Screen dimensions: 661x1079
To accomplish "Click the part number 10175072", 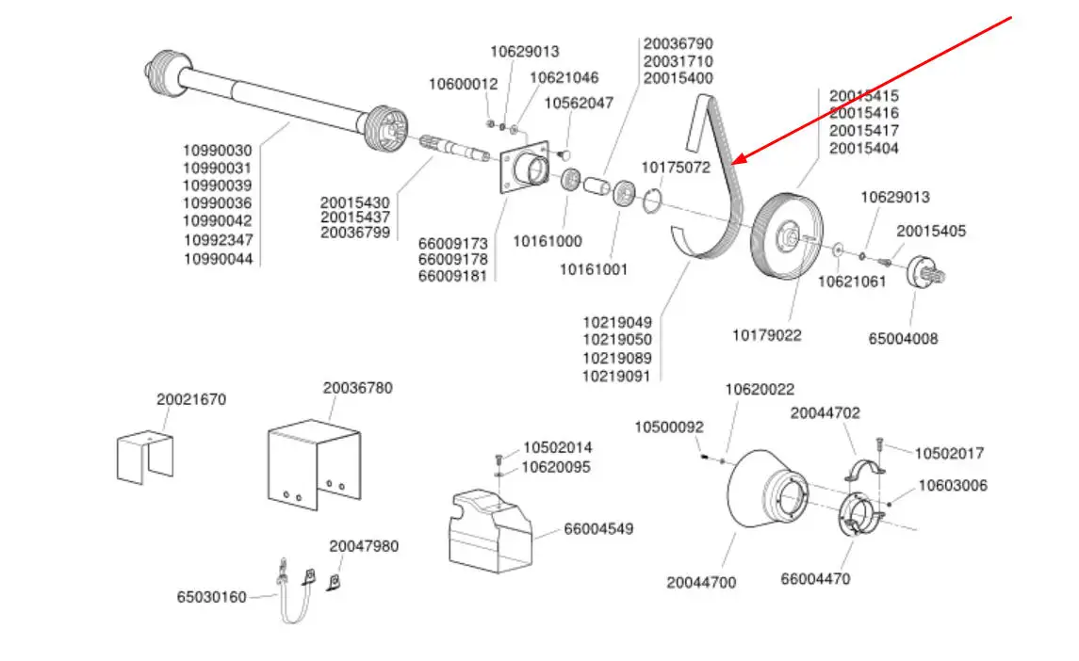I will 676,168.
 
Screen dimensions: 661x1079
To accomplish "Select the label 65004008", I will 903,339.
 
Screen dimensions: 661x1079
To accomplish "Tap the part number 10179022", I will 767,335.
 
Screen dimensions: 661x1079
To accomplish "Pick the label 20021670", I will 191,399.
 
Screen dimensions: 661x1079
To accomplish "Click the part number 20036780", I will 358,388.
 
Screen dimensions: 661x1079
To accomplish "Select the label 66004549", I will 598,529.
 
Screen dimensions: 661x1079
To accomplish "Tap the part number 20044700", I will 701,583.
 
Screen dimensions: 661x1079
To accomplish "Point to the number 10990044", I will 218,258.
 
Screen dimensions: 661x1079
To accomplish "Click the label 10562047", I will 579,103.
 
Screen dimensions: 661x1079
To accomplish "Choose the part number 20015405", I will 931,231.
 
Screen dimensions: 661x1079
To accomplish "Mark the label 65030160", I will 211,597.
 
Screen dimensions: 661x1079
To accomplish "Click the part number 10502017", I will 949,453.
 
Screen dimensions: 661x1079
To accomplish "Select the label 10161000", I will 547,241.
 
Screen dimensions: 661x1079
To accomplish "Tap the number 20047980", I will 364,546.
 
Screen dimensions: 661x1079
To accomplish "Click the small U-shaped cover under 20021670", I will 146,459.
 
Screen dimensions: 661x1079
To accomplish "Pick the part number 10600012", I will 463,84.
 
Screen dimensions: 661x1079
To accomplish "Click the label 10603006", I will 953,486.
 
